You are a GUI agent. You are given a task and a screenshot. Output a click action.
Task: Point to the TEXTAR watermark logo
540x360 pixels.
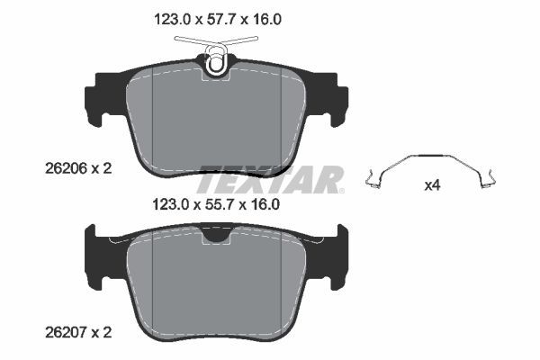(x=270, y=179)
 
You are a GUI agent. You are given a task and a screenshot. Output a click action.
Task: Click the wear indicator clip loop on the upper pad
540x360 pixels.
(x=216, y=62)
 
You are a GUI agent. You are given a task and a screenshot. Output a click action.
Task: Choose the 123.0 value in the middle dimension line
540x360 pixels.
(x=166, y=204)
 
